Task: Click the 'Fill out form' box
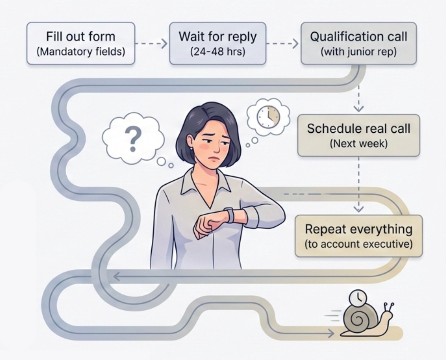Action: (x=81, y=43)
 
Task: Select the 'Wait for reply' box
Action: (x=218, y=43)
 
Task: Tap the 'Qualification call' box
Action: (x=358, y=43)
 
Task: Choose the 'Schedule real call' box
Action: (x=358, y=135)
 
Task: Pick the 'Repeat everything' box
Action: (x=358, y=236)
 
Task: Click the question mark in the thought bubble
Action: (x=133, y=139)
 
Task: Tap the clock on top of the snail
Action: (x=357, y=298)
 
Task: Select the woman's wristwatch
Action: (x=230, y=215)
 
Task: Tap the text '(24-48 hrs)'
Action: (x=218, y=52)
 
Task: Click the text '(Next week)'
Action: (x=358, y=144)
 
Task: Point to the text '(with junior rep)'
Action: (x=358, y=52)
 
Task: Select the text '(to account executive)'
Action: (x=358, y=244)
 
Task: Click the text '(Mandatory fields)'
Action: (x=81, y=52)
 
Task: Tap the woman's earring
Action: (x=192, y=148)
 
